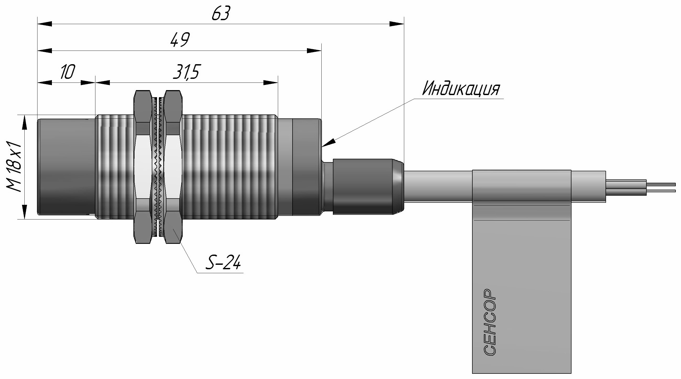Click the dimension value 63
(x=220, y=13)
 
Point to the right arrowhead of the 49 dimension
(x=314, y=51)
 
